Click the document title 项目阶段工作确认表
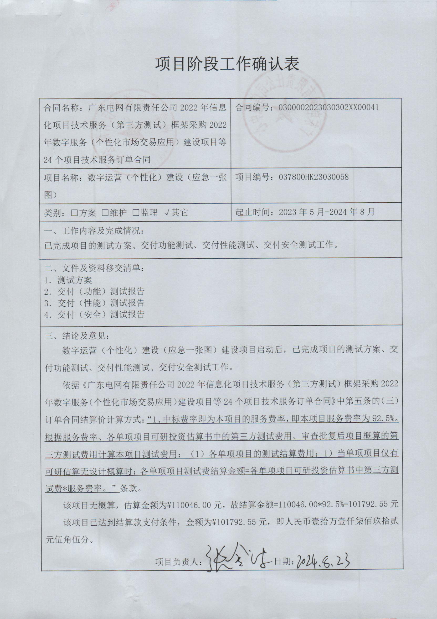pos(227,64)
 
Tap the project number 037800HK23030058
pos(314,177)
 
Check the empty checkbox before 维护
pos(105,213)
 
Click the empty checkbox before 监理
pos(136,213)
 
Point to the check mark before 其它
pos(167,213)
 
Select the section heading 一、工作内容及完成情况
pos(95,231)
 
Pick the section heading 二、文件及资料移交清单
pos(95,268)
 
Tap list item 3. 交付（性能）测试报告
pos(95,303)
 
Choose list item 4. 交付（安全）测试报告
pos(95,314)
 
